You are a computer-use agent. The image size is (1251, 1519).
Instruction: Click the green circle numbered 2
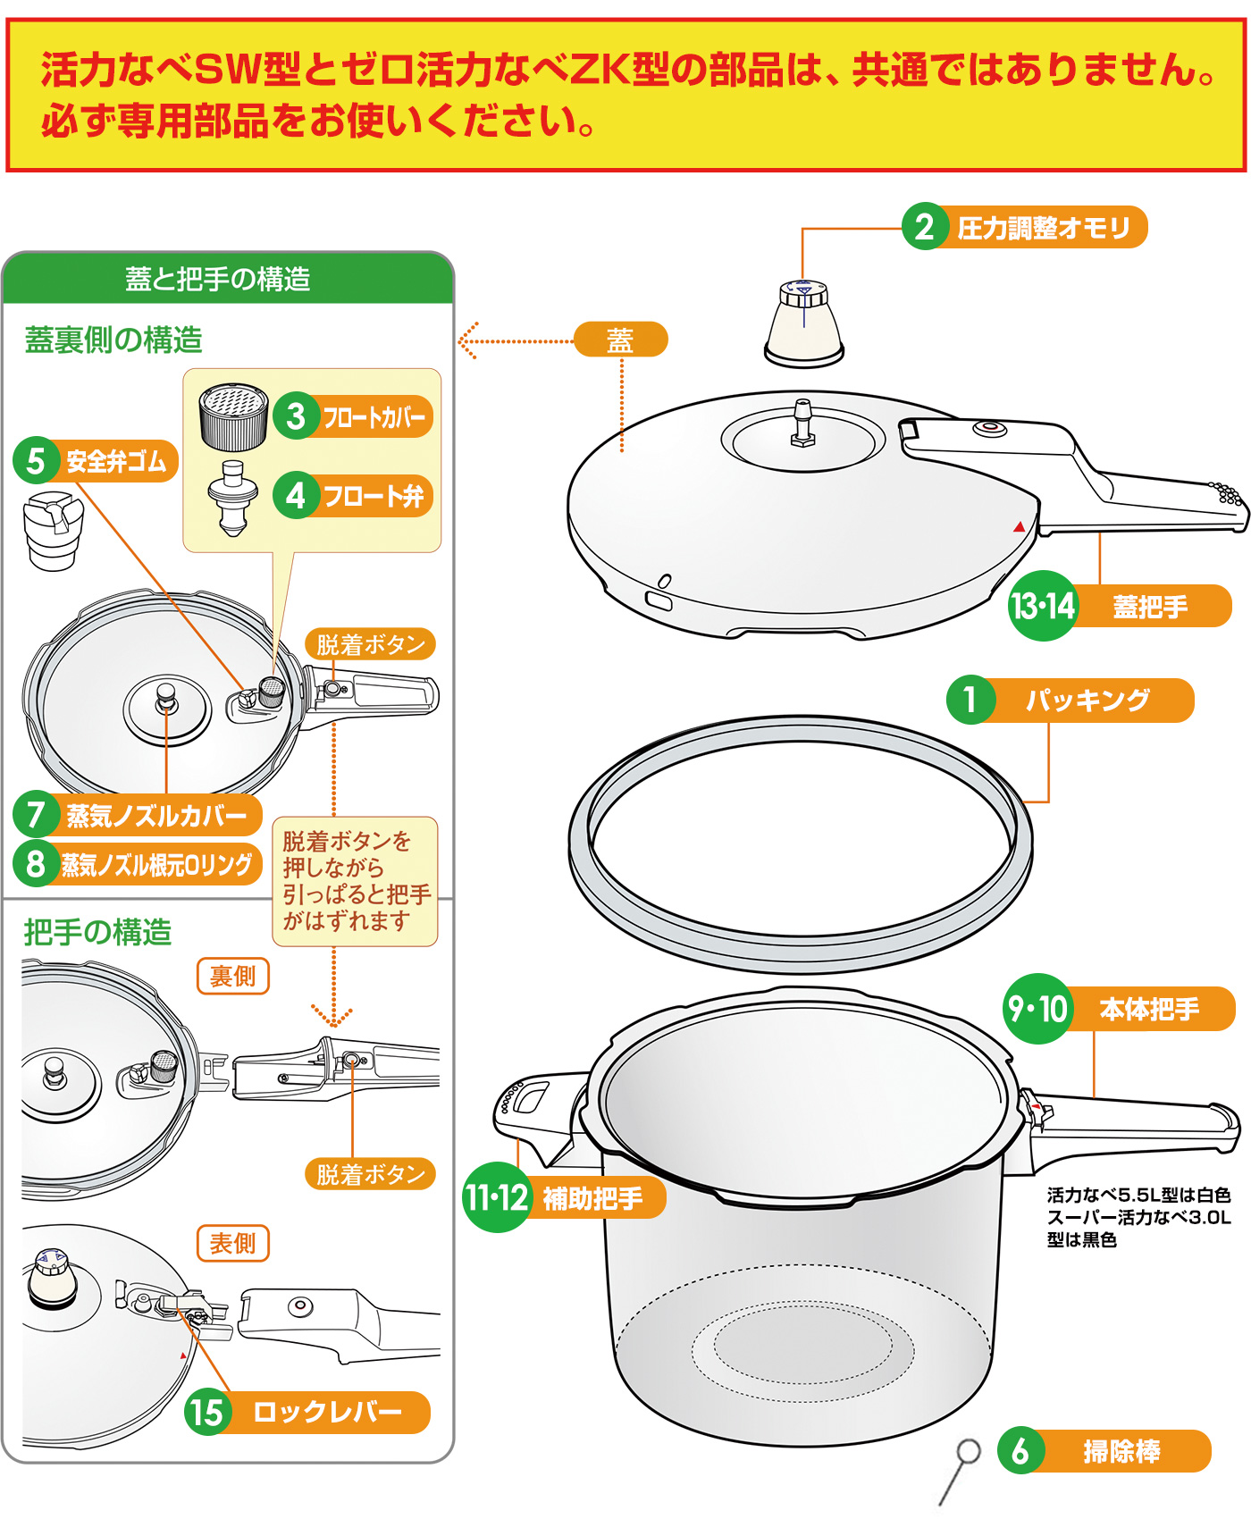click(924, 227)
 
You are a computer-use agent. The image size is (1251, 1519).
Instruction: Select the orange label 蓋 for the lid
click(620, 340)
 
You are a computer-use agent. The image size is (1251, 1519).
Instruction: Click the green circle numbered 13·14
click(1042, 606)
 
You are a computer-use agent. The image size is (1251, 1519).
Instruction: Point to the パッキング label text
click(1087, 700)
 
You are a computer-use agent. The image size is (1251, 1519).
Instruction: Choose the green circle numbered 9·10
click(1037, 1009)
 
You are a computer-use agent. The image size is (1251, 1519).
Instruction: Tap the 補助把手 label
click(592, 1198)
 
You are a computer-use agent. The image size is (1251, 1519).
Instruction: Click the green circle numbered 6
click(1020, 1452)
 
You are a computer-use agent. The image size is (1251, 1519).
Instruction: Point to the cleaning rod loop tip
click(968, 1451)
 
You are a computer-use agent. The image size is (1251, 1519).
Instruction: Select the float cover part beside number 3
click(233, 415)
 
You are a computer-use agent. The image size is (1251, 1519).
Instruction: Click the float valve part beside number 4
click(233, 497)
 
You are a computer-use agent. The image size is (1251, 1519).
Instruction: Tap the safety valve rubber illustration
click(53, 527)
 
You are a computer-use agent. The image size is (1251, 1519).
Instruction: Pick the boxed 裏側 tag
click(232, 976)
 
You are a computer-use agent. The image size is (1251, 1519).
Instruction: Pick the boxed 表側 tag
click(232, 1243)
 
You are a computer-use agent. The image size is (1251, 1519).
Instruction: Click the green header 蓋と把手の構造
click(218, 279)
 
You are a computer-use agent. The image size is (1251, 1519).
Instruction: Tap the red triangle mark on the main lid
click(1019, 527)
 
